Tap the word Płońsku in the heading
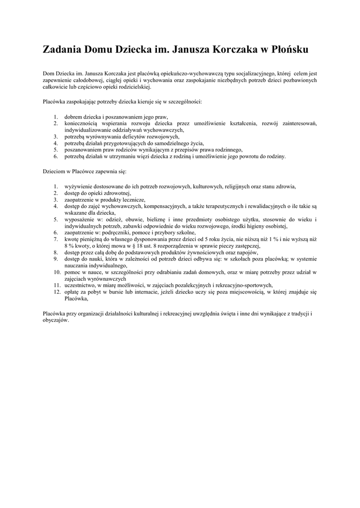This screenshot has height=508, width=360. [288, 50]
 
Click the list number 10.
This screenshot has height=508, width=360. [57, 272]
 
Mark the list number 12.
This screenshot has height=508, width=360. [57, 292]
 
